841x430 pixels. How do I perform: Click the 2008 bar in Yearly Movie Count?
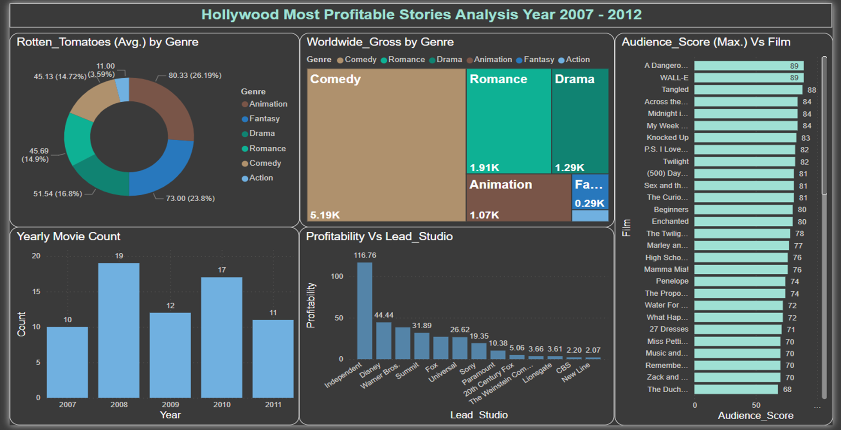(119, 330)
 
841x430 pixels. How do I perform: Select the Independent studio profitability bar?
(365, 311)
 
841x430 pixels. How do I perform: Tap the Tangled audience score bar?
(748, 90)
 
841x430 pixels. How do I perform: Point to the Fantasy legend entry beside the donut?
(264, 119)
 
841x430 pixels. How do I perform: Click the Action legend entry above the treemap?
(577, 60)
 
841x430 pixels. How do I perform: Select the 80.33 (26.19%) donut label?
(195, 76)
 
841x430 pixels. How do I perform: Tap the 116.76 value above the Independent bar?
(365, 255)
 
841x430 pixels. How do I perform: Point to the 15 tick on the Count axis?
(36, 291)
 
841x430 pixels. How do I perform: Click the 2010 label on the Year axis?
(222, 404)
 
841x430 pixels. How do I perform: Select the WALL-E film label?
(674, 78)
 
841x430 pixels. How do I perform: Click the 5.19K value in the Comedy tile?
(325, 215)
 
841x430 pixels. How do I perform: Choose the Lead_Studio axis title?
(479, 415)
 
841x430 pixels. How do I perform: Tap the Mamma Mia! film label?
(666, 270)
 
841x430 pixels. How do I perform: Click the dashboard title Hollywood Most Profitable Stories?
(421, 15)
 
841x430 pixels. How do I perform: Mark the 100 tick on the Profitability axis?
(337, 276)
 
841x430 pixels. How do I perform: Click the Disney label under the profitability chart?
(370, 369)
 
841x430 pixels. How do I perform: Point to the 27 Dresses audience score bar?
(738, 330)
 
